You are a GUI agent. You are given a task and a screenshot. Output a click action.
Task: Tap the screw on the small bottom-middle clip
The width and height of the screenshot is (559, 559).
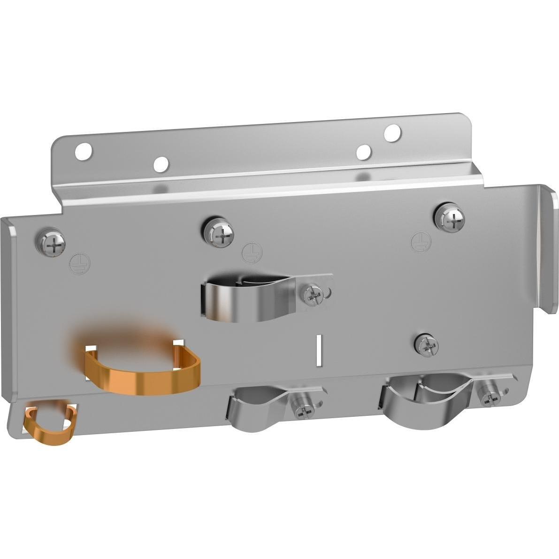click(303, 410)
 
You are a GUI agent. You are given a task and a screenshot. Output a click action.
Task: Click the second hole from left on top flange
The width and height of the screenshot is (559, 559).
click(161, 164)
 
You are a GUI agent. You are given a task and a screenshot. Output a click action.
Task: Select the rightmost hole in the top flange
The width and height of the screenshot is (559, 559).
click(392, 133)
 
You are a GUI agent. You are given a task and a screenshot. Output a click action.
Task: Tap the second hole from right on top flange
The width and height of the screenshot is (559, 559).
click(364, 152)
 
